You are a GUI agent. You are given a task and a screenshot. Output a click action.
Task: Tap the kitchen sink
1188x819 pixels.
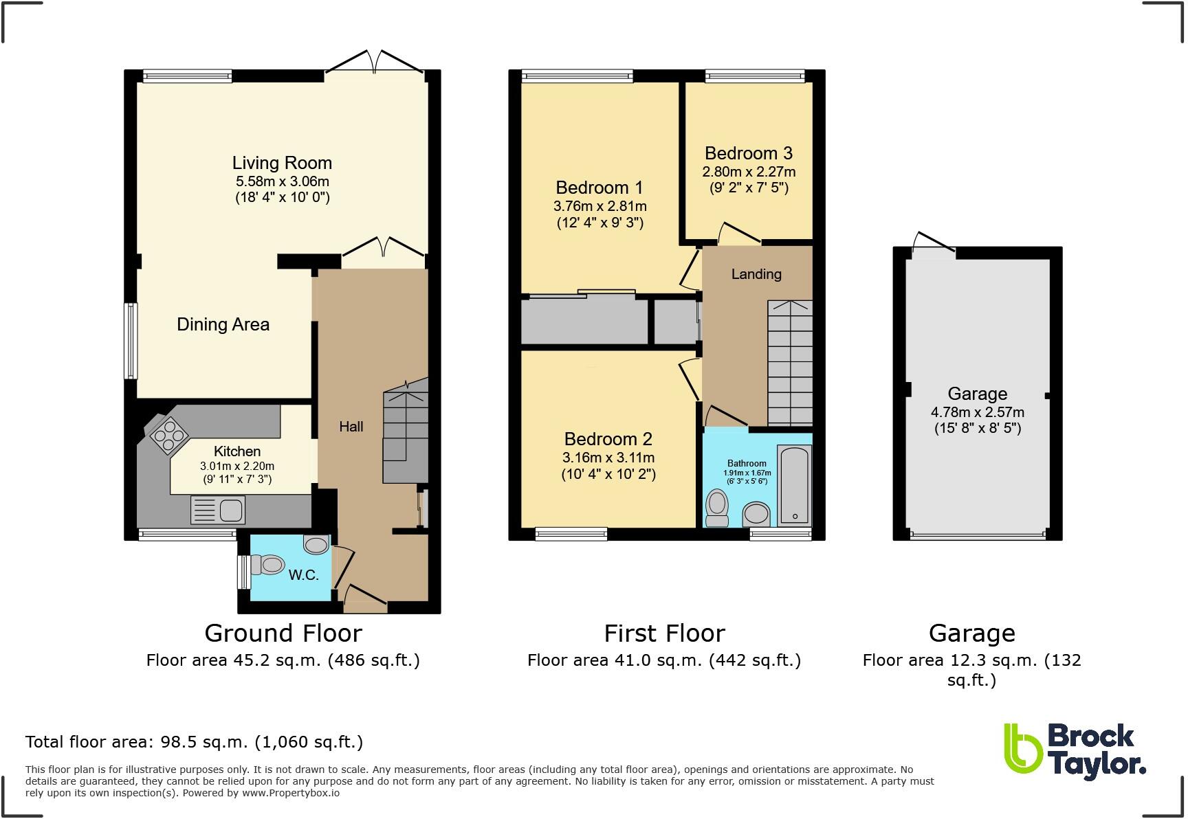pyautogui.click(x=230, y=511)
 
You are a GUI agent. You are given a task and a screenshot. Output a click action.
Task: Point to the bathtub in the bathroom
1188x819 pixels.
pyautogui.click(x=794, y=484)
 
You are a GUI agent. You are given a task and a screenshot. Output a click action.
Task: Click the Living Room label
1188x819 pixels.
pyautogui.click(x=282, y=163)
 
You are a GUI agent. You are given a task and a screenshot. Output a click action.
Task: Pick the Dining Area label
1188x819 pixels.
pyautogui.click(x=223, y=324)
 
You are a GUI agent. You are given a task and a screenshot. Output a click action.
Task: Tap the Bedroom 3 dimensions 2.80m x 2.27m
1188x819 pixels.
pyautogui.click(x=748, y=172)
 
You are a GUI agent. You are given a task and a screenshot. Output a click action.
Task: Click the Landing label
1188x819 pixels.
pyautogui.click(x=756, y=274)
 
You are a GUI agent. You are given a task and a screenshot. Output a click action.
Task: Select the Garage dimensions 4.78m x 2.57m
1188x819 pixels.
pyautogui.click(x=977, y=412)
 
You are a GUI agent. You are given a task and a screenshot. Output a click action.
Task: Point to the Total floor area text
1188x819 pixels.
pyautogui.click(x=194, y=742)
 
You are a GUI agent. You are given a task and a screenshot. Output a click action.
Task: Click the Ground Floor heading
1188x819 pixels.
pyautogui.click(x=283, y=633)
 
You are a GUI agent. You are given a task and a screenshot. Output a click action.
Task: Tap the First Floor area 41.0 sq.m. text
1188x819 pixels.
pyautogui.click(x=663, y=660)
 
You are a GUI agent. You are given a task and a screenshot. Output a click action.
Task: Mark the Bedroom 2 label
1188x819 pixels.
pyautogui.click(x=608, y=438)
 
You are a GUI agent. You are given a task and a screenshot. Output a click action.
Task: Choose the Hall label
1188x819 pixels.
pyautogui.click(x=351, y=427)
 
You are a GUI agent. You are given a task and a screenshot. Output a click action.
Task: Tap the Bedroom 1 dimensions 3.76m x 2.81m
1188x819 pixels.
pyautogui.click(x=599, y=205)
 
